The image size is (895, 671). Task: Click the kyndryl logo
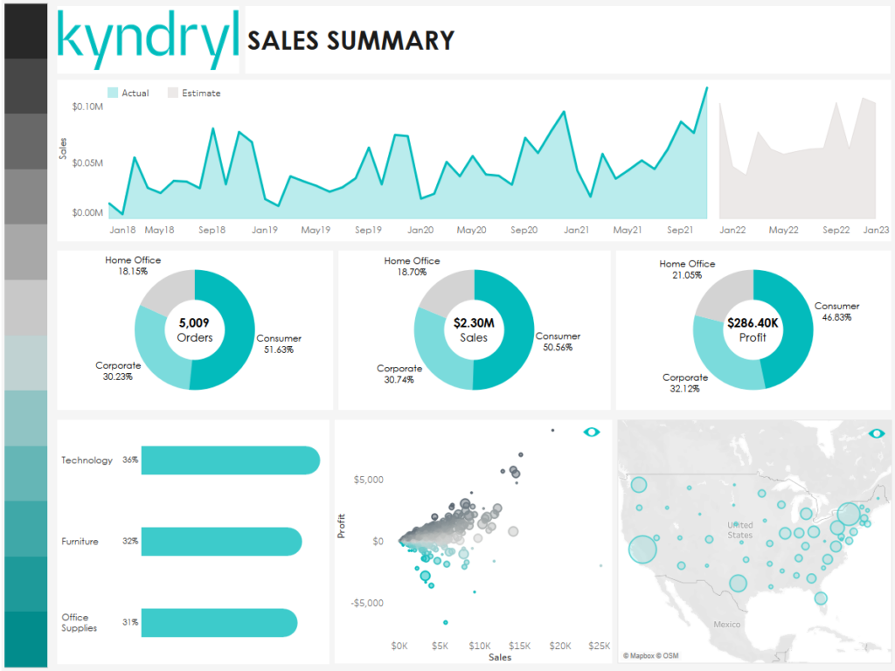coord(148,39)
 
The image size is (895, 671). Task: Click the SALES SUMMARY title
coord(351,40)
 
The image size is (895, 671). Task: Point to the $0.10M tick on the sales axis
coord(87,107)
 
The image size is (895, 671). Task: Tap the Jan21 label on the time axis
coord(576,230)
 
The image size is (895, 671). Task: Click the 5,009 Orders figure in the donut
coord(194,329)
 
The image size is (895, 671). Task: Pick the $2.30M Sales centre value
coord(474,329)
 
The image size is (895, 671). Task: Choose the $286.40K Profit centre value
coord(753,329)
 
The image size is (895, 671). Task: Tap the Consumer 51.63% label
coord(279,343)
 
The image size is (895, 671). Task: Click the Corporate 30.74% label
coord(399,374)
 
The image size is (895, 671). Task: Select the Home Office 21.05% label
coord(687,269)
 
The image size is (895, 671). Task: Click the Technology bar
coord(230,460)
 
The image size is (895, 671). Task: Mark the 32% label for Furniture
coord(130,542)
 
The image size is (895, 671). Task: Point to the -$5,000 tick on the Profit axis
coord(366,603)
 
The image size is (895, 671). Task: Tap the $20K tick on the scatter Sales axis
coord(559,646)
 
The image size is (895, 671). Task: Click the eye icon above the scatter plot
coord(592,432)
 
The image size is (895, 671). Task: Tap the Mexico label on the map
coord(727,624)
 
